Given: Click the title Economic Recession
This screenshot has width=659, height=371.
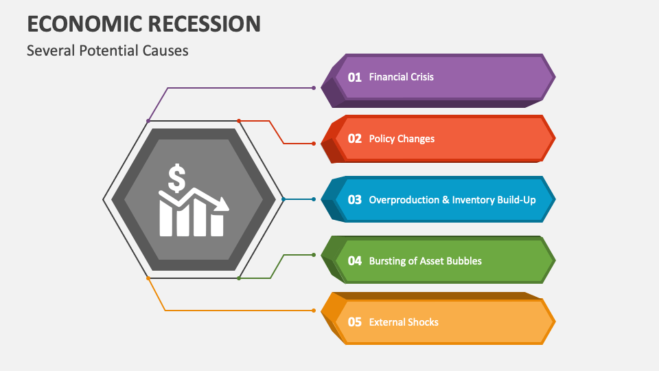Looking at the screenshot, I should (x=143, y=23).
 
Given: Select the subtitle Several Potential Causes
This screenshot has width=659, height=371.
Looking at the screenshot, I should (x=107, y=50).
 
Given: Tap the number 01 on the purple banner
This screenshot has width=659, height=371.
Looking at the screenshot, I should (x=354, y=77).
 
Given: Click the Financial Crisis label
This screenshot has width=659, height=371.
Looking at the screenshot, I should (x=401, y=77).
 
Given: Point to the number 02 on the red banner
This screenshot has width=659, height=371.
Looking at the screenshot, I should (x=354, y=138).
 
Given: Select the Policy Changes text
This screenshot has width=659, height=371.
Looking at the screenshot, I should (x=402, y=139).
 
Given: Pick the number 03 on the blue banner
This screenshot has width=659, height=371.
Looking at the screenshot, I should (x=354, y=200).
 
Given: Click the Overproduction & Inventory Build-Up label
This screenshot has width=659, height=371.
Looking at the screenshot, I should (x=452, y=200).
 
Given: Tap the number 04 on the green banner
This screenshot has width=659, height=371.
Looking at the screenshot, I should (x=354, y=261).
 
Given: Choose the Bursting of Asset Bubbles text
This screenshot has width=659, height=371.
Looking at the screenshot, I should (x=425, y=261).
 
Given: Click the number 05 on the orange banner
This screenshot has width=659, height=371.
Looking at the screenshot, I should (x=354, y=322).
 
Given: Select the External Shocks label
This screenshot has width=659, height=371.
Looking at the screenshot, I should (x=404, y=322).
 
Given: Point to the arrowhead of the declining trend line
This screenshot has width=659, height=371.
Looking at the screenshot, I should (x=223, y=204).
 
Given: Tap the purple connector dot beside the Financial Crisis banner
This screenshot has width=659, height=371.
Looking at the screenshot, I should (x=314, y=88).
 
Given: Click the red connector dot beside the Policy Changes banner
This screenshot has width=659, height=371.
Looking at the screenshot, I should (x=314, y=144).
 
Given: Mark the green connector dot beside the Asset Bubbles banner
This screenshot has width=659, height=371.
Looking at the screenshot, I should (x=314, y=255).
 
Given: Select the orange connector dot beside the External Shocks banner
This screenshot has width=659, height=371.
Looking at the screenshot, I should (x=314, y=311).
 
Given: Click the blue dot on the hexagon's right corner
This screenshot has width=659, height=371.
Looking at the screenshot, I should (x=284, y=199).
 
